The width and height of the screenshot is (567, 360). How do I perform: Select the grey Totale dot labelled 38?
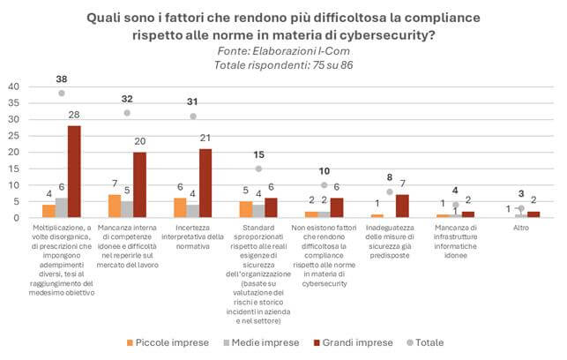click(x=62, y=93)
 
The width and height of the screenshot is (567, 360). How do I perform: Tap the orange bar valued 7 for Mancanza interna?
click(x=114, y=206)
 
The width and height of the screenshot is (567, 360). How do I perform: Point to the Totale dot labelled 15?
click(x=258, y=169)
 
